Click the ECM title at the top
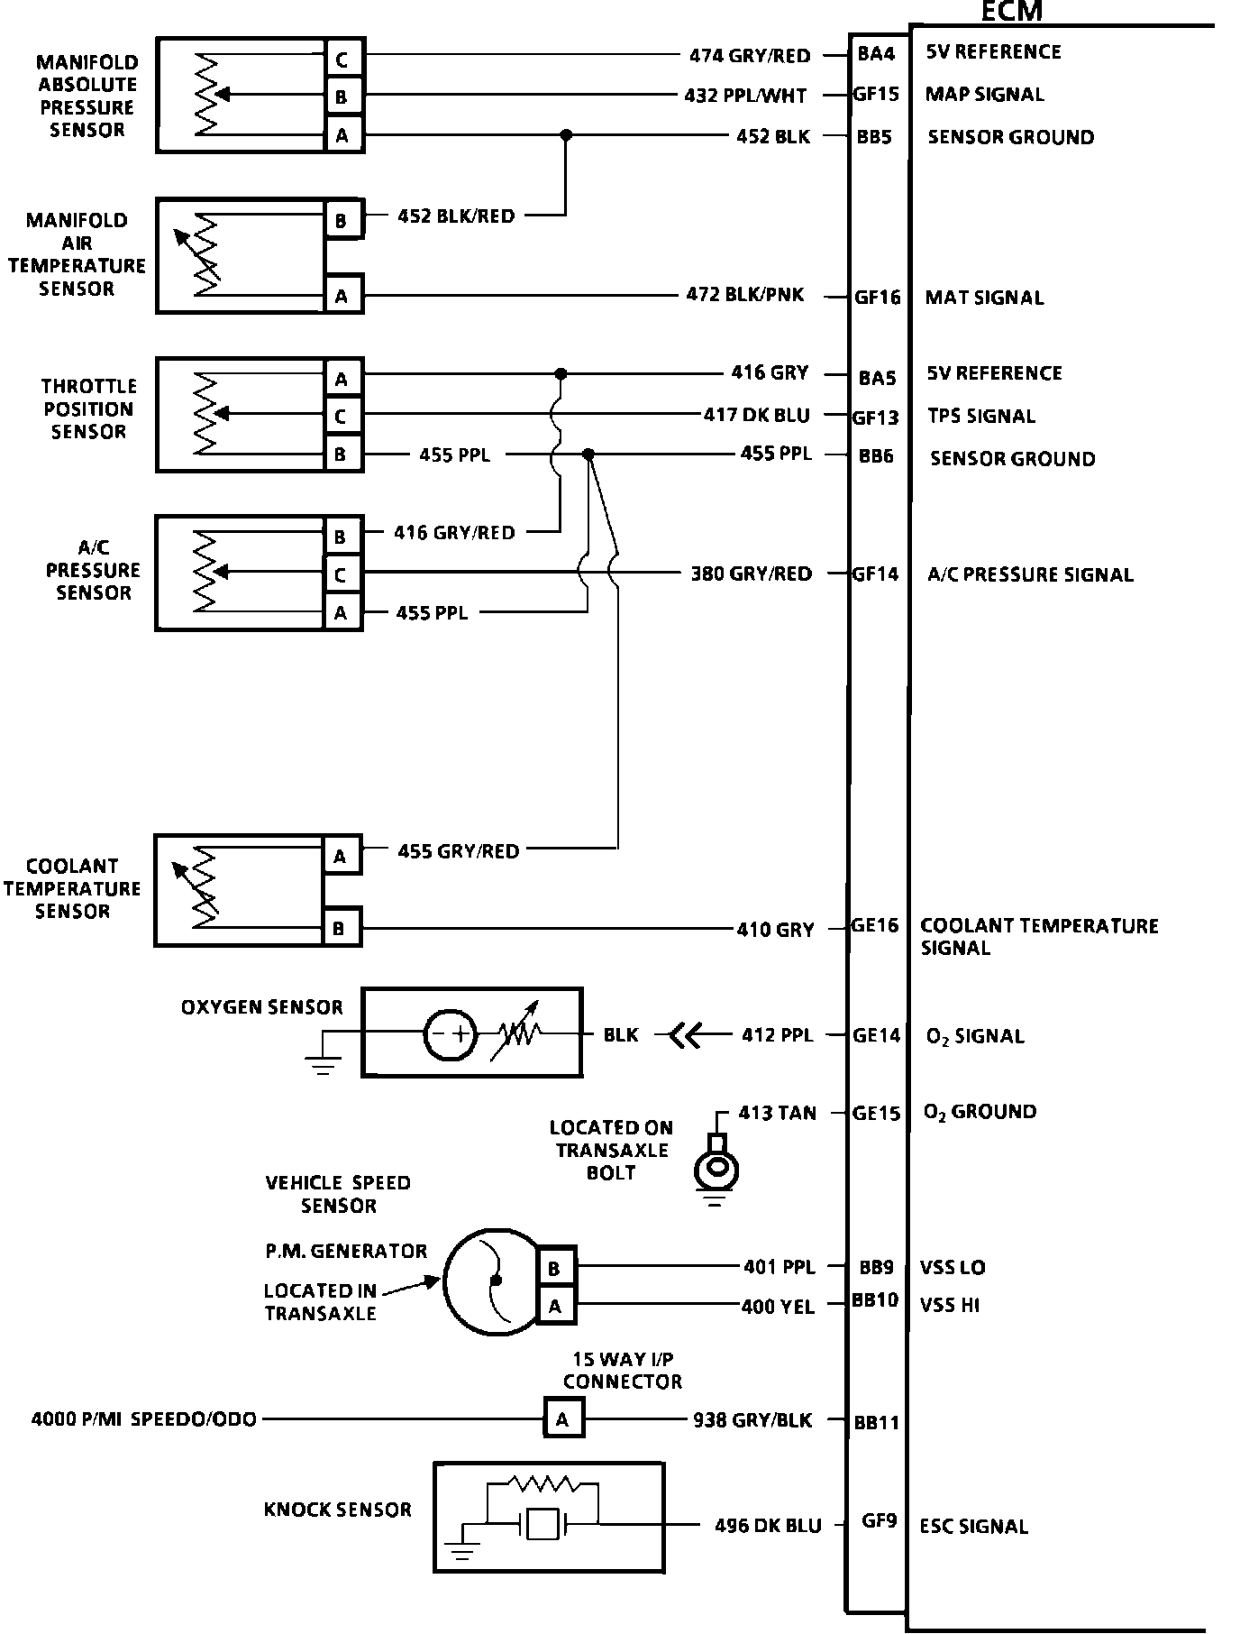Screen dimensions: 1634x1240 [1010, 12]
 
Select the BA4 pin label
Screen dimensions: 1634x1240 [876, 54]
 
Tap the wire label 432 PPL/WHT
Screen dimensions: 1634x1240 [745, 95]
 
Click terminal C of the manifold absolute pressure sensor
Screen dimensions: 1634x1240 [342, 60]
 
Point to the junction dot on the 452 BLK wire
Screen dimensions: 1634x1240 [566, 135]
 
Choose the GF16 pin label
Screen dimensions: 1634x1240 [878, 297]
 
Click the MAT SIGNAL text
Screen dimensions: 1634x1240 [984, 298]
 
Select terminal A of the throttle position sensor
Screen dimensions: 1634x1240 [342, 379]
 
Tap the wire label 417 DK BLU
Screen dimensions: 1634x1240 [756, 415]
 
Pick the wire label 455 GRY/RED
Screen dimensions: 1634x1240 [458, 850]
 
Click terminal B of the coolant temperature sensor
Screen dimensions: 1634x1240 [340, 928]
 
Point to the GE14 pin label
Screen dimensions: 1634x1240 [877, 1035]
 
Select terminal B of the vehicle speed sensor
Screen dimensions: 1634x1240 [554, 1268]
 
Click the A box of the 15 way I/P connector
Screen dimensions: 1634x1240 [563, 1419]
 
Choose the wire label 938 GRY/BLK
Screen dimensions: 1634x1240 [752, 1420]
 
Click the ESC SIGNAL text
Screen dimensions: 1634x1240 [973, 1526]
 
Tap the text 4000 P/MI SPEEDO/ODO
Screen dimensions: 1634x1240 [144, 1419]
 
